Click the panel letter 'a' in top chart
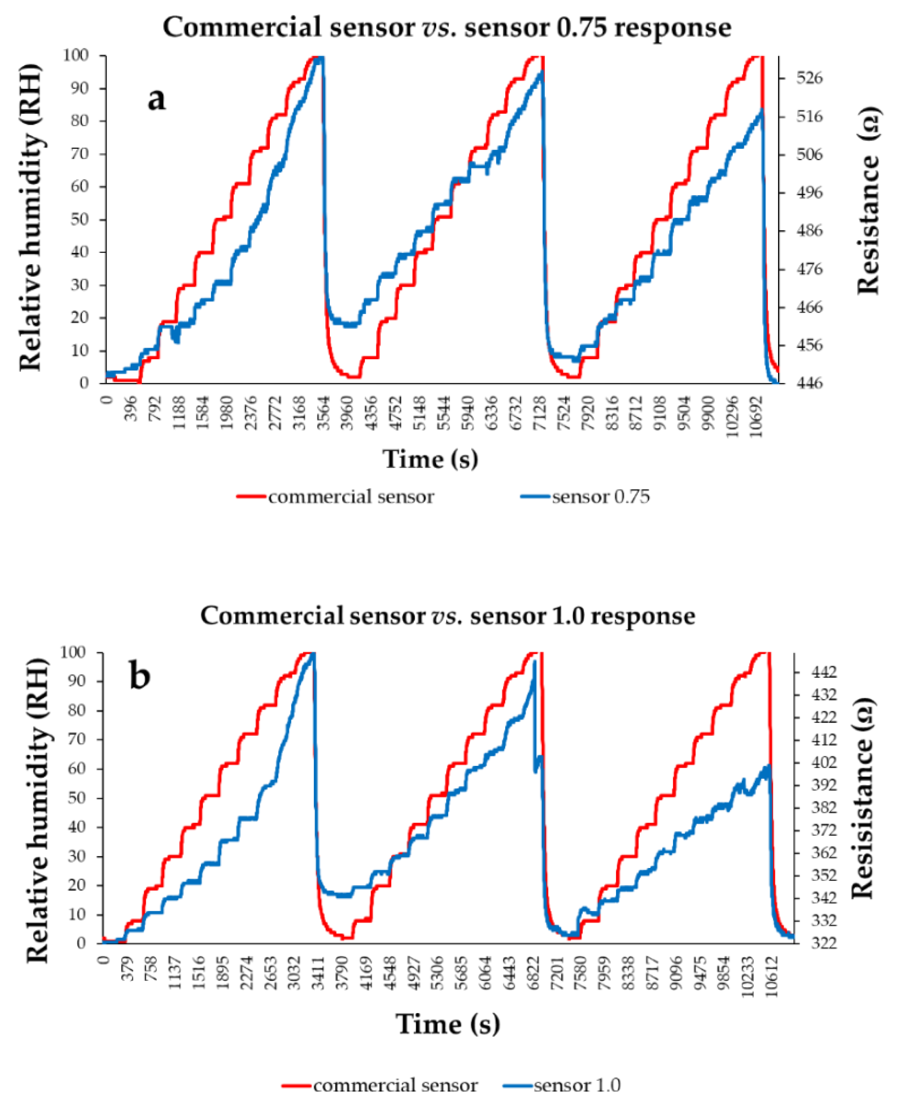pyautogui.click(x=156, y=99)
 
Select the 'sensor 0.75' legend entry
pyautogui.click(x=600, y=497)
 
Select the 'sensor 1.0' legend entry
pyautogui.click(x=577, y=1085)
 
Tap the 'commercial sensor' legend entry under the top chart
pyautogui.click(x=350, y=497)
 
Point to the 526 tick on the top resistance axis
pyautogui.click(x=809, y=78)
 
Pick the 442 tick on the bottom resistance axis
pyautogui.click(x=824, y=672)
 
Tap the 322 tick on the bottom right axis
pyautogui.click(x=824, y=943)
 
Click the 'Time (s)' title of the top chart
pyautogui.click(x=430, y=459)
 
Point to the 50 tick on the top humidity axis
pyautogui.click(x=80, y=219)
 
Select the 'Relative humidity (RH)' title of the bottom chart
pyautogui.click(x=37, y=798)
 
